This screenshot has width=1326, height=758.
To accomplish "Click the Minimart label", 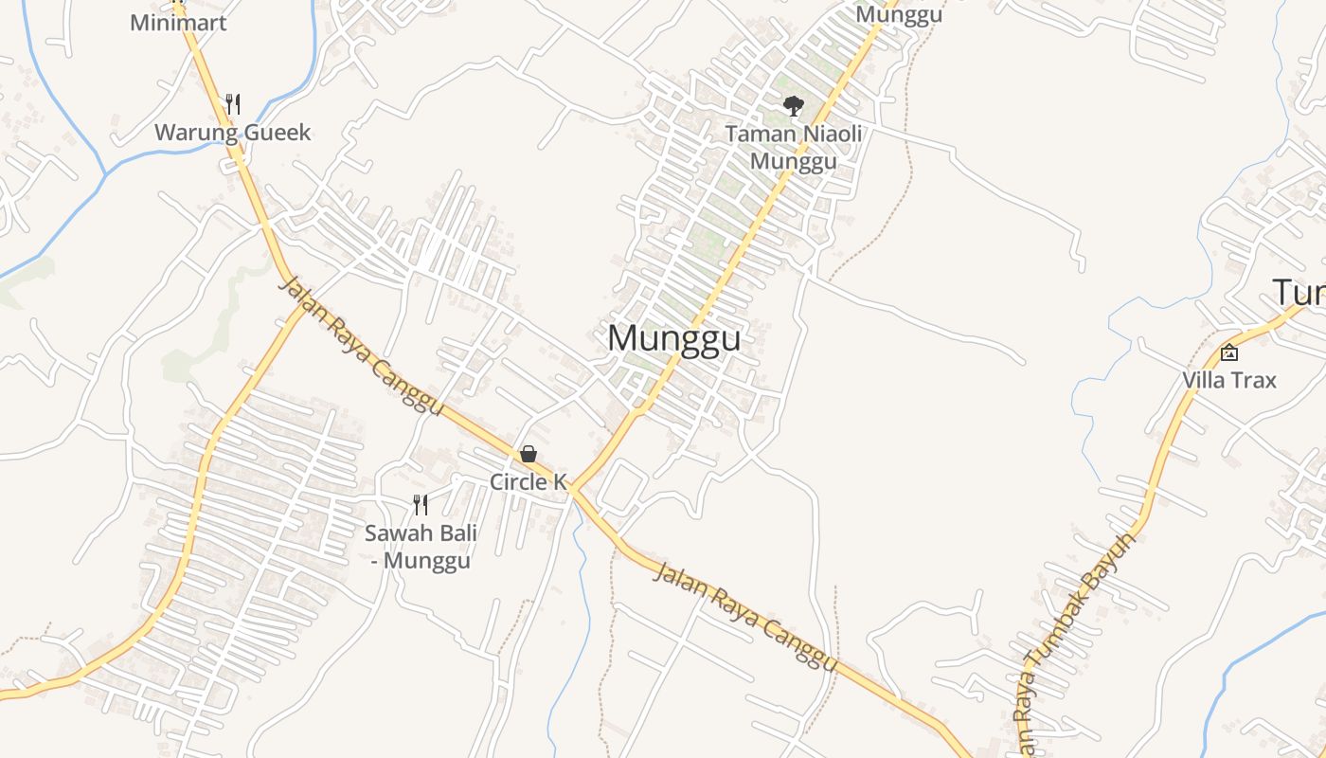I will (178, 22).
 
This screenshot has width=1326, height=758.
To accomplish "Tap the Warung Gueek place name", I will (232, 132).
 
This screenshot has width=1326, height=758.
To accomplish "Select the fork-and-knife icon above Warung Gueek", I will (233, 103).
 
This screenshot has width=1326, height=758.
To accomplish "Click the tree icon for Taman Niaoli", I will (794, 105).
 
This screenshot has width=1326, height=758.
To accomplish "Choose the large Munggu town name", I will (673, 338).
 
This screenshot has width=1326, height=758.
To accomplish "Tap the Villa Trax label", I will (1228, 380).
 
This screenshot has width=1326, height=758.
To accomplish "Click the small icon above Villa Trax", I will (1229, 352).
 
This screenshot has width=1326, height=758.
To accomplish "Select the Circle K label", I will (528, 481).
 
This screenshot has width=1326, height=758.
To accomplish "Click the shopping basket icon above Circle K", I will (529, 455).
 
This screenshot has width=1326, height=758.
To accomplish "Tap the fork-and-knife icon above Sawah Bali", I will (421, 505).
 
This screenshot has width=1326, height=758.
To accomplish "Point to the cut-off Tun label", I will (1299, 293).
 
